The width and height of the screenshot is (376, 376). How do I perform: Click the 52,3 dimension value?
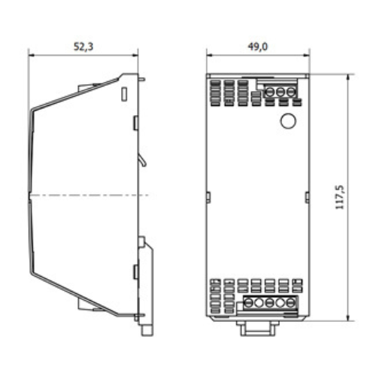[x=83, y=47]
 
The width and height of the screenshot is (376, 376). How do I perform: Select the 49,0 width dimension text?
[x=258, y=47]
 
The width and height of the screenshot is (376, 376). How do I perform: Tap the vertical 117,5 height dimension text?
[x=340, y=197]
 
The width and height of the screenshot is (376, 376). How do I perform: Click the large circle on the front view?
[x=287, y=120]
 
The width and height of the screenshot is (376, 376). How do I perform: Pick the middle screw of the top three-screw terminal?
[x=280, y=92]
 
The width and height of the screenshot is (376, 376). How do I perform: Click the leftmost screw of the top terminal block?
[x=269, y=92]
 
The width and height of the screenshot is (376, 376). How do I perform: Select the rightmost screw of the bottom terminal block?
[x=291, y=303]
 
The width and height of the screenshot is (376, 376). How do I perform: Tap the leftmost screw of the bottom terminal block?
[x=248, y=303]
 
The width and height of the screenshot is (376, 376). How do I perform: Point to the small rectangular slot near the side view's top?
[x=124, y=94]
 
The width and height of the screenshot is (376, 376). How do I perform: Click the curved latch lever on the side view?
[x=142, y=159]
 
